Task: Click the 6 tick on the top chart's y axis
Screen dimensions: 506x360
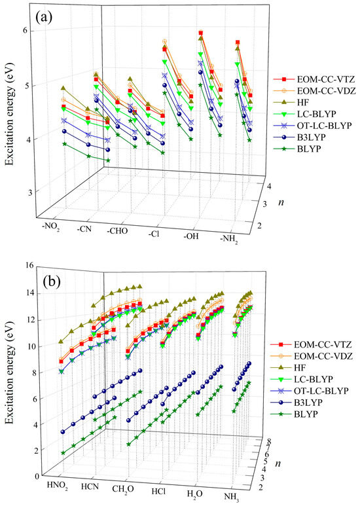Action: click(24, 31)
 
